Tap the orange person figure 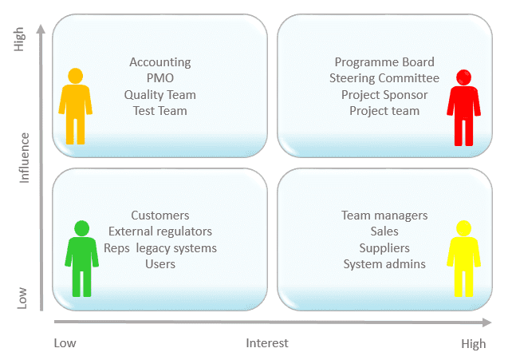[76, 107]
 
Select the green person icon [81, 258]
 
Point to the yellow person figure [464, 258]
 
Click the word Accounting [160, 62]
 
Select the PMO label [160, 78]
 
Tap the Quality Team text [160, 94]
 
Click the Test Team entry [160, 110]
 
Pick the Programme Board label [384, 62]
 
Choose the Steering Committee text [384, 78]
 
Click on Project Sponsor [384, 94]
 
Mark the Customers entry [160, 216]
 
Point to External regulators [160, 231]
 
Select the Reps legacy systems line [160, 247]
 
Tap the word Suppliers [384, 247]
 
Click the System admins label [384, 263]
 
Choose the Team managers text [384, 216]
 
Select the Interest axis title [267, 343]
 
